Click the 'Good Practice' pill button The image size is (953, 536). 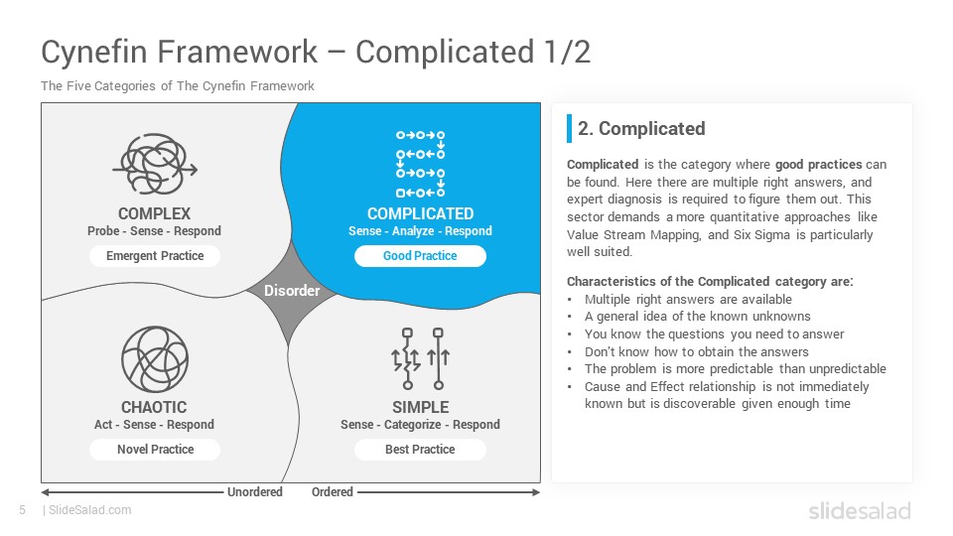(x=420, y=256)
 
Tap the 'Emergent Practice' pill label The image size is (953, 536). (x=155, y=256)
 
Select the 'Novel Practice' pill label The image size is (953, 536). (x=155, y=449)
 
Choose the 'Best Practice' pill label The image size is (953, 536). (x=420, y=449)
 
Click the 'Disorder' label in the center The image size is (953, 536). (x=292, y=291)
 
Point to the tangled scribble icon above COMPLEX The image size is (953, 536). (x=155, y=164)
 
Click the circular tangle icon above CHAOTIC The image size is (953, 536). (x=155, y=359)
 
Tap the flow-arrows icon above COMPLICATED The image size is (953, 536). (x=421, y=164)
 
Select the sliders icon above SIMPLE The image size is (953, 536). (x=421, y=358)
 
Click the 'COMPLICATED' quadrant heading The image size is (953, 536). (x=421, y=214)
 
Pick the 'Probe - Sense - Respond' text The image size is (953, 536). (x=155, y=231)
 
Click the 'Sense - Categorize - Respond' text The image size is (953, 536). (x=421, y=424)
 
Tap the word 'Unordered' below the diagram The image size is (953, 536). (x=255, y=491)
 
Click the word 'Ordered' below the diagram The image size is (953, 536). (x=333, y=491)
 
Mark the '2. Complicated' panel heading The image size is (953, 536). (x=641, y=129)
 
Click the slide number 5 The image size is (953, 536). (x=23, y=510)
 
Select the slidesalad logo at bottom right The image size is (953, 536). (x=860, y=510)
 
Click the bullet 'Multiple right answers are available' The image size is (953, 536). (x=688, y=299)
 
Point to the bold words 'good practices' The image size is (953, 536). (x=819, y=165)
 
